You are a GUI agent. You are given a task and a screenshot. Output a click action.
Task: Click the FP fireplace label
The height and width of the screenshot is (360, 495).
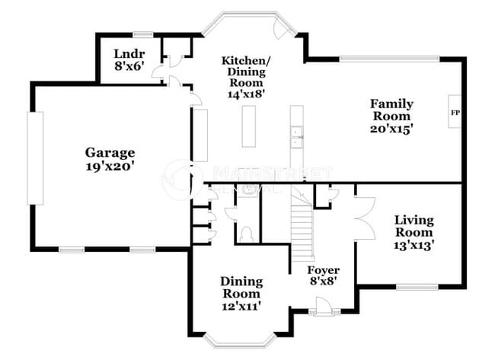455,113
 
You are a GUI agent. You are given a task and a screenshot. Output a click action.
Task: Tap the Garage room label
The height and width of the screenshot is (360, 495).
110,152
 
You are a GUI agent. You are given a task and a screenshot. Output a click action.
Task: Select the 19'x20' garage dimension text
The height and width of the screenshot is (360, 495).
110,166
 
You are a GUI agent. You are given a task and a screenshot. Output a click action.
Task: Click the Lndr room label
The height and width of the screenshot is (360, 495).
126,53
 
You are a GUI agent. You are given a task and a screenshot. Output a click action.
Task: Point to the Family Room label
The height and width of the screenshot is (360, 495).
391,110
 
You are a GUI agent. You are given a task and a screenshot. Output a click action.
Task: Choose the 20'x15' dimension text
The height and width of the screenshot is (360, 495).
391,129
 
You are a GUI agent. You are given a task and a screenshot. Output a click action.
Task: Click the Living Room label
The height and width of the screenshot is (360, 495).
414,226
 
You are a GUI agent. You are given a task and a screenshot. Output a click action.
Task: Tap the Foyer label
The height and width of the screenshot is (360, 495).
323,270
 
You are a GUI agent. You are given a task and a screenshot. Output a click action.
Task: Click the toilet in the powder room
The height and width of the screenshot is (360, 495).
246,233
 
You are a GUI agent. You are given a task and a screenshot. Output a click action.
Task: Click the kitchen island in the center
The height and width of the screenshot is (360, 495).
249,126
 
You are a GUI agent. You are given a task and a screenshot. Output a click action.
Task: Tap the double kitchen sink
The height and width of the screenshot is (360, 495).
297,136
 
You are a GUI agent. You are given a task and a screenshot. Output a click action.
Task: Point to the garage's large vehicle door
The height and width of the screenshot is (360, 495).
35,158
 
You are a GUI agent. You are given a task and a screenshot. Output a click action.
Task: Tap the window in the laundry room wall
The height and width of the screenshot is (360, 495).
142,34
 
